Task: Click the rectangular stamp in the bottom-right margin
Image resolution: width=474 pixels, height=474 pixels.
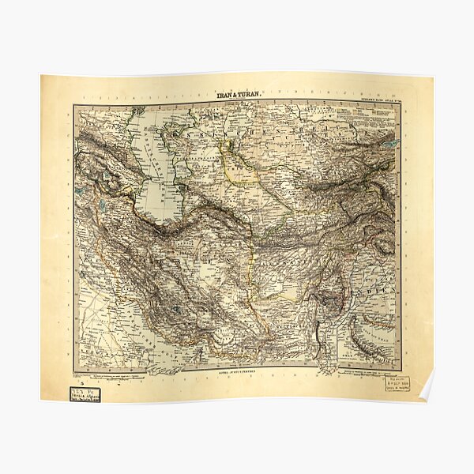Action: [x=397, y=384]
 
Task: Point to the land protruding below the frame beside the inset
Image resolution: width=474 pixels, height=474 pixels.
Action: [x=325, y=367]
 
